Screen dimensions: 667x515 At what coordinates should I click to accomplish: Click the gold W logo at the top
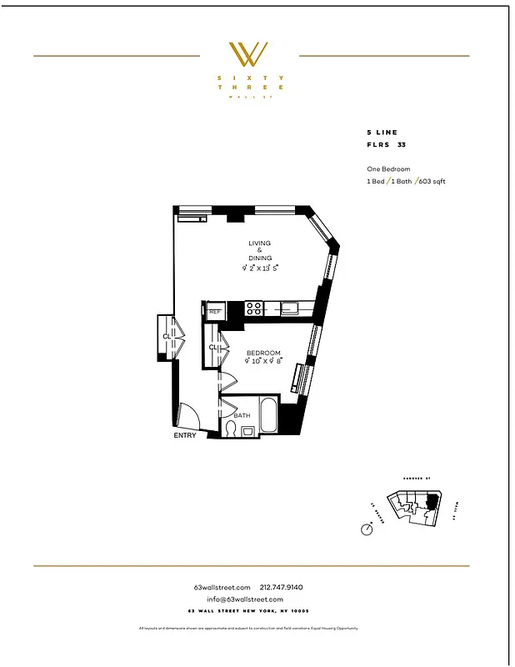coord(249,55)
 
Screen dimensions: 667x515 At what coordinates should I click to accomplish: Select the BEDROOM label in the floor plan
coord(263,353)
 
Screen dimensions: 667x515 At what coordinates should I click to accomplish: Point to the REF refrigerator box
coord(215,311)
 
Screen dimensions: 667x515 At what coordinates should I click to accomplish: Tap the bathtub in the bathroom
coord(268,415)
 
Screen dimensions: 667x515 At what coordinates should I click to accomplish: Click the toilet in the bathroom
coord(230,429)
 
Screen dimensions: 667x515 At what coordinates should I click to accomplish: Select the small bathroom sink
coord(247,430)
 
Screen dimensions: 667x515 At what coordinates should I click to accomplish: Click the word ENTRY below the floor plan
coord(185,436)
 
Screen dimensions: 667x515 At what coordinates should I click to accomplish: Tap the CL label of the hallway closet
coord(167,337)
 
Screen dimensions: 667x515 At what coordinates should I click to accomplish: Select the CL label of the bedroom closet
coord(212,348)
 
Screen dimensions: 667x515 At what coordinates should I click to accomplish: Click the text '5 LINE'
coord(382,133)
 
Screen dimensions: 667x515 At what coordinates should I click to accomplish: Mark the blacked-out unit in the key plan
coord(431,502)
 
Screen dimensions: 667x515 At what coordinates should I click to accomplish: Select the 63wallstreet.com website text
coord(222,587)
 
